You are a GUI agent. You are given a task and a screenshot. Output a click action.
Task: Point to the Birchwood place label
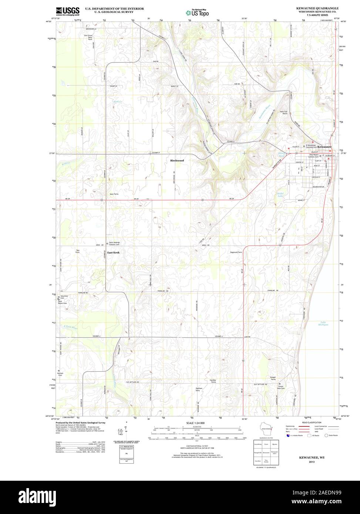(x=177, y=160)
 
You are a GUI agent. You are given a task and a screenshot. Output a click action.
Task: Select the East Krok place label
(x=114, y=252)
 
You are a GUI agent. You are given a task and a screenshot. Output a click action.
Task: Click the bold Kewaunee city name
(x=324, y=147)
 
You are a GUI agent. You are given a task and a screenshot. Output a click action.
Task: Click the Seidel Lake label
(x=282, y=195)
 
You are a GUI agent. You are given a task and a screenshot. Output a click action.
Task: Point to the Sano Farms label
(x=114, y=194)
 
